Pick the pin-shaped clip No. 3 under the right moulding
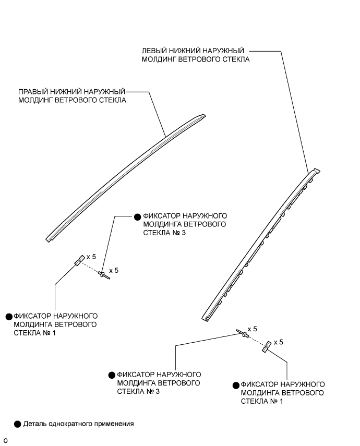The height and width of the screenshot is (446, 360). click(x=104, y=274)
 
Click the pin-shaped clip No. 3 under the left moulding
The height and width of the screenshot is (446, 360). click(x=243, y=333)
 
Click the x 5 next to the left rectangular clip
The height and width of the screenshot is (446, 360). click(x=91, y=257)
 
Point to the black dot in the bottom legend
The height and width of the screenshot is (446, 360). click(x=18, y=424)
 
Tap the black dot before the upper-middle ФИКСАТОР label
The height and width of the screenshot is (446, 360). click(x=137, y=215)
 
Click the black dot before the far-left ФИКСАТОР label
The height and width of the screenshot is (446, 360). click(x=8, y=316)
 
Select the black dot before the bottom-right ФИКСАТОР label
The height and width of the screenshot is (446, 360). click(x=236, y=384)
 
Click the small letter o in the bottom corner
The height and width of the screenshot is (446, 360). click(x=5, y=441)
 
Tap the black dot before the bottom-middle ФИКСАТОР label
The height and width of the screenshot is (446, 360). click(x=111, y=375)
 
